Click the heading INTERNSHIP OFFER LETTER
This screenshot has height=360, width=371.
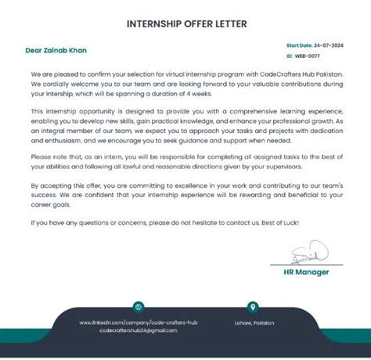(x=186, y=23)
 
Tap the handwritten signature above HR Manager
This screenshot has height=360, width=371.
(x=308, y=253)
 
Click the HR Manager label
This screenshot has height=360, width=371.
(x=307, y=272)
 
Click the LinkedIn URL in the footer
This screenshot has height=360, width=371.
(x=139, y=322)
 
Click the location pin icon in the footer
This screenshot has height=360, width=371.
(x=252, y=307)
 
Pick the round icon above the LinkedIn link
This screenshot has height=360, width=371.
(x=139, y=307)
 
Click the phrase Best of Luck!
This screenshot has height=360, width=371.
(x=280, y=222)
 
